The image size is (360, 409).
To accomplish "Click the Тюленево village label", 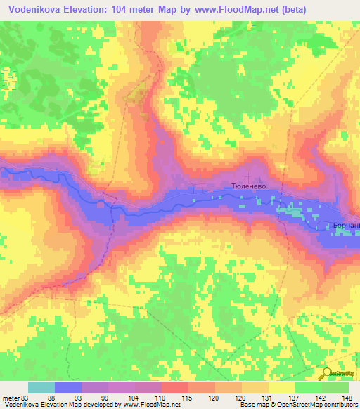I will point(247,189).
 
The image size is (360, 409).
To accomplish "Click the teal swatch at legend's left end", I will point(41,387).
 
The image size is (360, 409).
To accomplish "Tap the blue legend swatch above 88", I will point(68,387).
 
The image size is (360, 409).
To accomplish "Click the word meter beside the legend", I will point(9,398).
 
